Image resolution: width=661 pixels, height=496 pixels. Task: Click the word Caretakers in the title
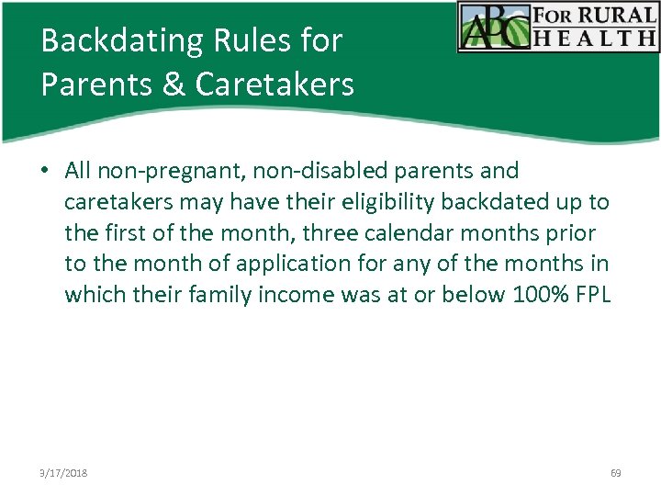coord(274,85)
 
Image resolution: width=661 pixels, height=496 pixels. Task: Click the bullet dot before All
coord(45,171)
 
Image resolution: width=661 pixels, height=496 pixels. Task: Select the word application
coord(293,265)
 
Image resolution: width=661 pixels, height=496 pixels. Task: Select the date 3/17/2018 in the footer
coord(65,474)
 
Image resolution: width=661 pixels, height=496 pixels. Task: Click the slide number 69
coord(615,474)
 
